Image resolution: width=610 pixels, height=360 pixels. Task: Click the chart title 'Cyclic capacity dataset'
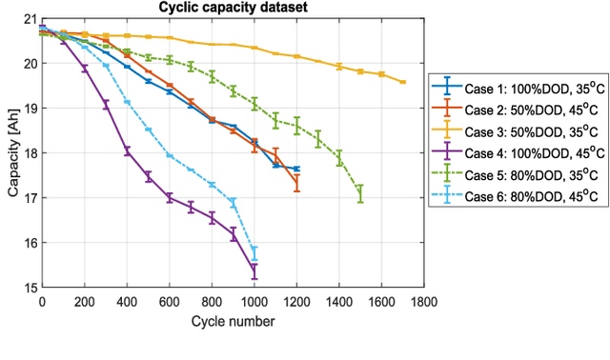pyautogui.click(x=232, y=9)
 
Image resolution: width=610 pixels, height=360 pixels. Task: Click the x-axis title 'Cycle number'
pyautogui.click(x=232, y=322)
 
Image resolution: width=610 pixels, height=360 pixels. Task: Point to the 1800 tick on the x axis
pyautogui.click(x=423, y=302)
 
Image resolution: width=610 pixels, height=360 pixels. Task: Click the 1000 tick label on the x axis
pyautogui.click(x=254, y=302)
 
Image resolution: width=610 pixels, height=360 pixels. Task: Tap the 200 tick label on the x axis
pyautogui.click(x=84, y=302)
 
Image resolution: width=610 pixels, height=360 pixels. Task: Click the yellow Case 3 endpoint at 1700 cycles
pyautogui.click(x=402, y=82)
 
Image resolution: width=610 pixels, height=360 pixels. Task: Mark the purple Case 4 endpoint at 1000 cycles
pyautogui.click(x=254, y=270)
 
